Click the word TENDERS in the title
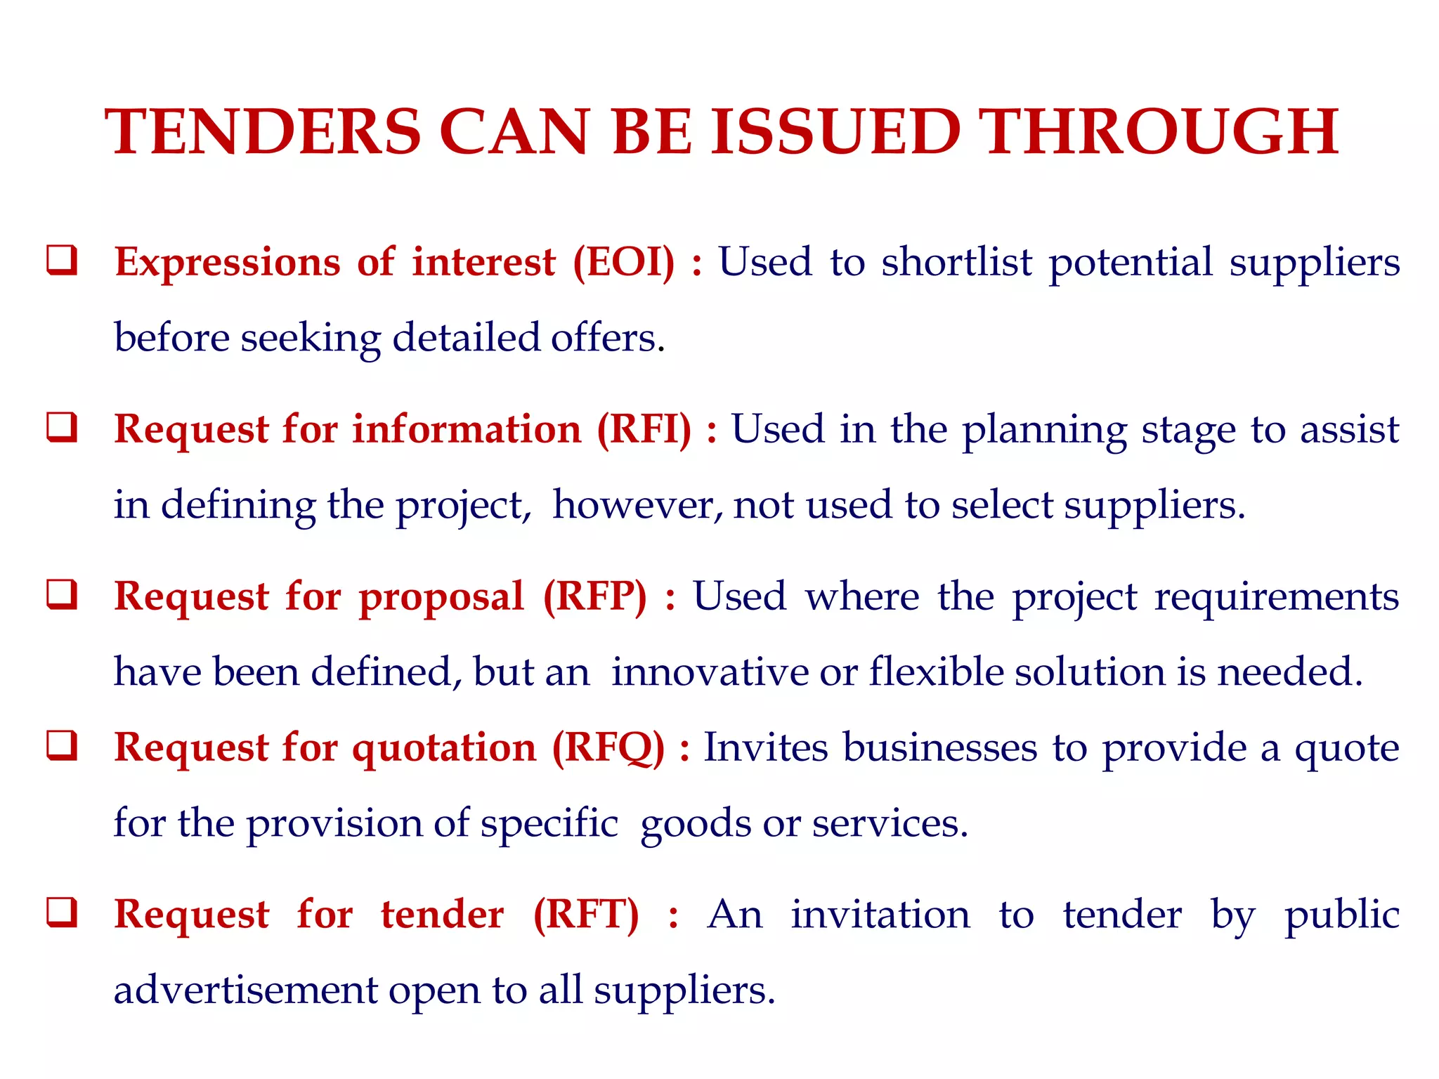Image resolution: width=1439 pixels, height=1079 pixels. pyautogui.click(x=263, y=132)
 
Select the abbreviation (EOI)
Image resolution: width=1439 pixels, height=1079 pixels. pyautogui.click(x=624, y=262)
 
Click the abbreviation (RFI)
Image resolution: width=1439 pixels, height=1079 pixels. pyautogui.click(x=644, y=429)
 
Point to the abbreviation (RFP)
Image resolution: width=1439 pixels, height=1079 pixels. pyautogui.click(x=594, y=596)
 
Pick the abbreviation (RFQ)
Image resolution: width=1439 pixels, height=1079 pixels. pyautogui.click(x=608, y=747)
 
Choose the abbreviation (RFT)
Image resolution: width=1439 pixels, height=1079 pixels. pyautogui.click(x=586, y=915)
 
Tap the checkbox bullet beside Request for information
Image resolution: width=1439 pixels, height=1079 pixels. pyautogui.click(x=62, y=427)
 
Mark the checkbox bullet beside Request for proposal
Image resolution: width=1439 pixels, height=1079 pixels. pyautogui.click(x=62, y=594)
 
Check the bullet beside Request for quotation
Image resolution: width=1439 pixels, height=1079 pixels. pyautogui.click(x=62, y=745)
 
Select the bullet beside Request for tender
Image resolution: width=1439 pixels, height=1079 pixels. pyautogui.click(x=62, y=913)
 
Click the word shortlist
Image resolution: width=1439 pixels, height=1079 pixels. pyautogui.click(x=957, y=262)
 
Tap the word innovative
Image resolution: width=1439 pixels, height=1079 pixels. pyautogui.click(x=710, y=672)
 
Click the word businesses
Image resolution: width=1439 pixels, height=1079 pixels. pyautogui.click(x=940, y=747)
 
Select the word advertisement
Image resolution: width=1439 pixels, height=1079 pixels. pyautogui.click(x=246, y=990)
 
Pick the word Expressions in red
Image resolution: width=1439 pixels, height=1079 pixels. pyautogui.click(x=228, y=263)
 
